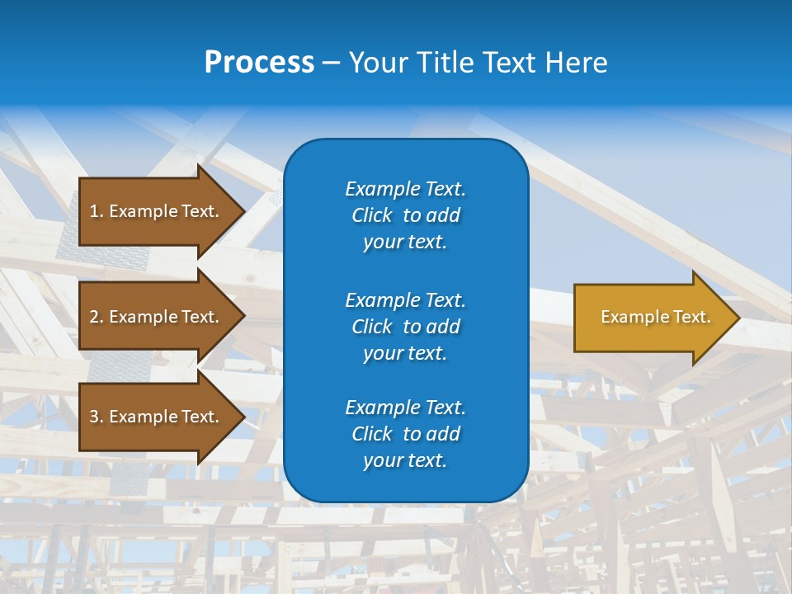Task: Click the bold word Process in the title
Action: click(259, 63)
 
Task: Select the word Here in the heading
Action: click(577, 63)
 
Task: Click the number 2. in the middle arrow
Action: click(96, 317)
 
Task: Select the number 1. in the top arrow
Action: click(96, 211)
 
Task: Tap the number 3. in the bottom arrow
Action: click(96, 417)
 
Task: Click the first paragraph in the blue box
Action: click(405, 215)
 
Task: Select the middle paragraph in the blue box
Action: click(405, 327)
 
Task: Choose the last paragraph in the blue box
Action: click(405, 434)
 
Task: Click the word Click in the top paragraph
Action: click(371, 215)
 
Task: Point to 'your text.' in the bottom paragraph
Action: click(405, 460)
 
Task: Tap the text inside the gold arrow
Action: click(655, 317)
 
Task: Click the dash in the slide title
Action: click(331, 64)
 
